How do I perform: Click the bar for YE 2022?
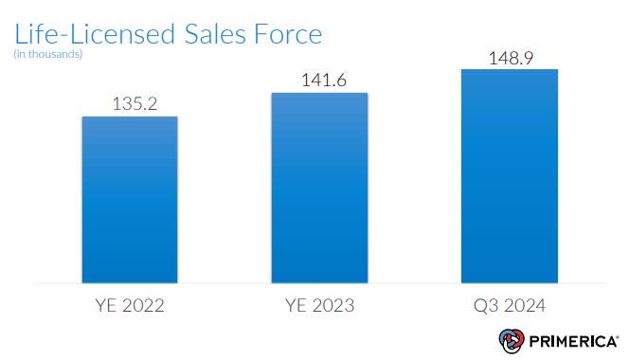pyautogui.click(x=130, y=199)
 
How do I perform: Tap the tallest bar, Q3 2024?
pyautogui.click(x=509, y=175)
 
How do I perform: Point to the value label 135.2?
pyautogui.click(x=130, y=102)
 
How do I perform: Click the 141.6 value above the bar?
pyautogui.click(x=319, y=80)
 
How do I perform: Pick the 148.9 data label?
pyautogui.click(x=509, y=56)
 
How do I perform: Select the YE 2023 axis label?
pyautogui.click(x=319, y=306)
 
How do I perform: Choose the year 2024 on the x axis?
pyautogui.click(x=522, y=306)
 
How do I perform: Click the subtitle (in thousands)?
pyautogui.click(x=48, y=54)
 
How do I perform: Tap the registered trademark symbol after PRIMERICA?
pyautogui.click(x=616, y=334)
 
